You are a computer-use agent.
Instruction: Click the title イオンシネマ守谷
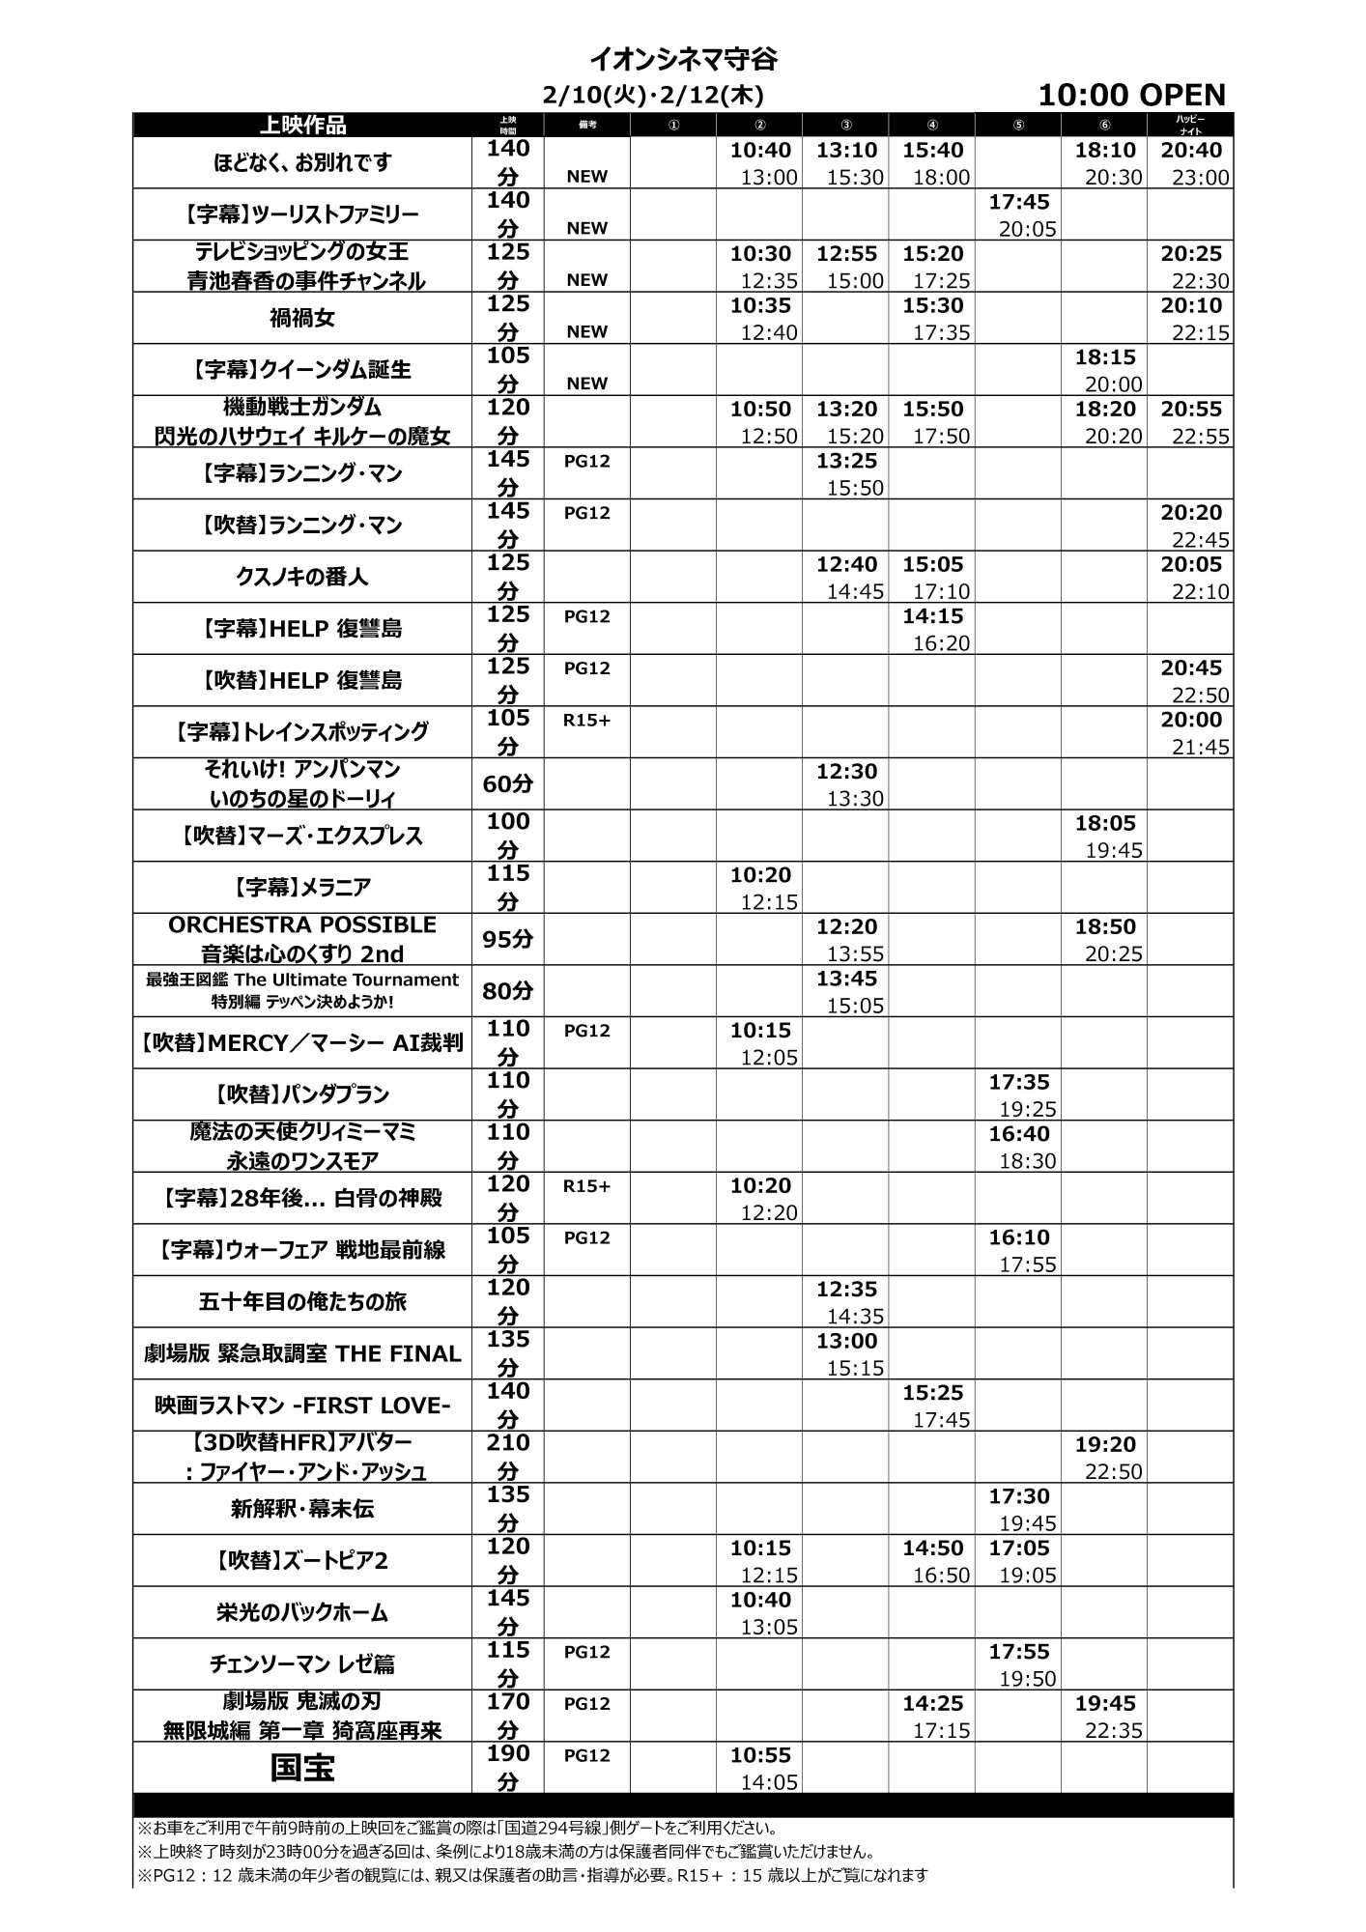click(x=682, y=60)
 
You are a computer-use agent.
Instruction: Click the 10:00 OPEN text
click(x=1131, y=95)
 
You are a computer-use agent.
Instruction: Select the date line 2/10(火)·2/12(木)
click(x=653, y=95)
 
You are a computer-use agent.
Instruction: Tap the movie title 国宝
click(x=302, y=1768)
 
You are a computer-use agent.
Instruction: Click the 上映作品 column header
click(x=302, y=126)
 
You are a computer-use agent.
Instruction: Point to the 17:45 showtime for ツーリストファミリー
click(x=1018, y=202)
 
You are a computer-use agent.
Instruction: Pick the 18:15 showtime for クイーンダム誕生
click(x=1105, y=357)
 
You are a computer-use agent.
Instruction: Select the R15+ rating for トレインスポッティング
click(x=587, y=720)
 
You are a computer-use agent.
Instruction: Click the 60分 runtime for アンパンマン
click(x=508, y=784)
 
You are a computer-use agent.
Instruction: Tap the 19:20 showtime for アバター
click(x=1105, y=1444)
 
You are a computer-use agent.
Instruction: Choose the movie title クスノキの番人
click(x=302, y=577)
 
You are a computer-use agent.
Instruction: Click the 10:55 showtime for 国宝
click(x=760, y=1755)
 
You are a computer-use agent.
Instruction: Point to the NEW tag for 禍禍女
click(x=587, y=331)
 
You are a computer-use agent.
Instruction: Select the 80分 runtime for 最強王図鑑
click(x=508, y=991)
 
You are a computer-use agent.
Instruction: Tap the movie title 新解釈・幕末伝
click(x=302, y=1508)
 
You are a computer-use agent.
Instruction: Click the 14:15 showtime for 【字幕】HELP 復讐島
click(x=932, y=616)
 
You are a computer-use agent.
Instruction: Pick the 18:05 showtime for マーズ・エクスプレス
click(x=1105, y=823)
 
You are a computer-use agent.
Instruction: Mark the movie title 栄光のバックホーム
click(x=302, y=1612)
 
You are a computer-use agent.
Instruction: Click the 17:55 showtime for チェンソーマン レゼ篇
click(x=1018, y=1652)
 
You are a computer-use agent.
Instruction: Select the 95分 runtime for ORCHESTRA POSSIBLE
click(x=508, y=939)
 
